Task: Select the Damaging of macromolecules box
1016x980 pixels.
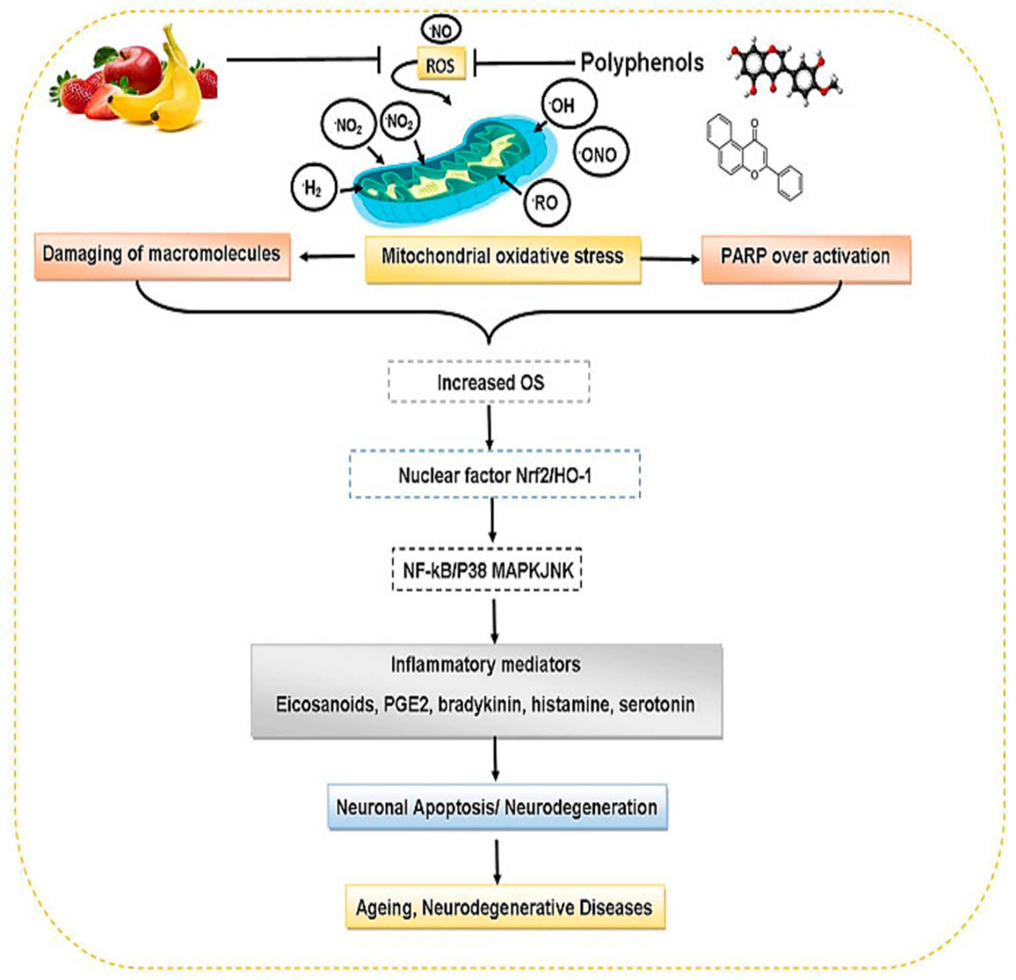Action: coord(162,256)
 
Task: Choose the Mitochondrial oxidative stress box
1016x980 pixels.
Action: coord(503,259)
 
